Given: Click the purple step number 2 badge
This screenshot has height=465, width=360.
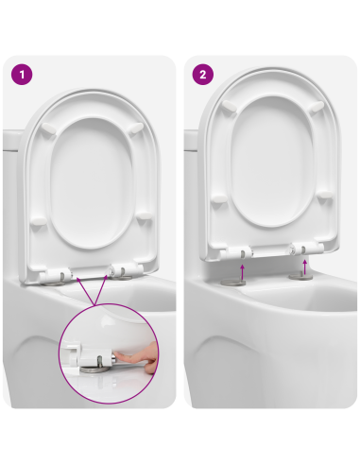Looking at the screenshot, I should click(x=201, y=73).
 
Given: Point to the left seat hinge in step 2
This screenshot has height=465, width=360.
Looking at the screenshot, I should click(x=239, y=251).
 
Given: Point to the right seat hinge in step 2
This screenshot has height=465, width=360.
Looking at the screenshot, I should click(x=303, y=250).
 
